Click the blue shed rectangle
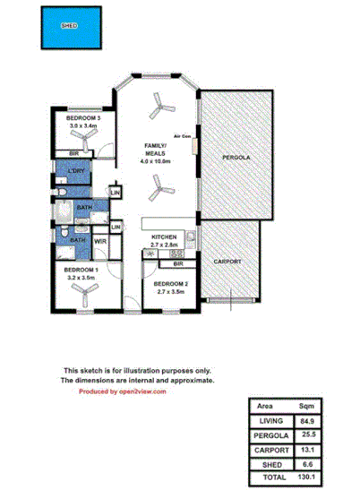pyautogui.click(x=69, y=27)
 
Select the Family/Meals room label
pyautogui.click(x=159, y=149)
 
